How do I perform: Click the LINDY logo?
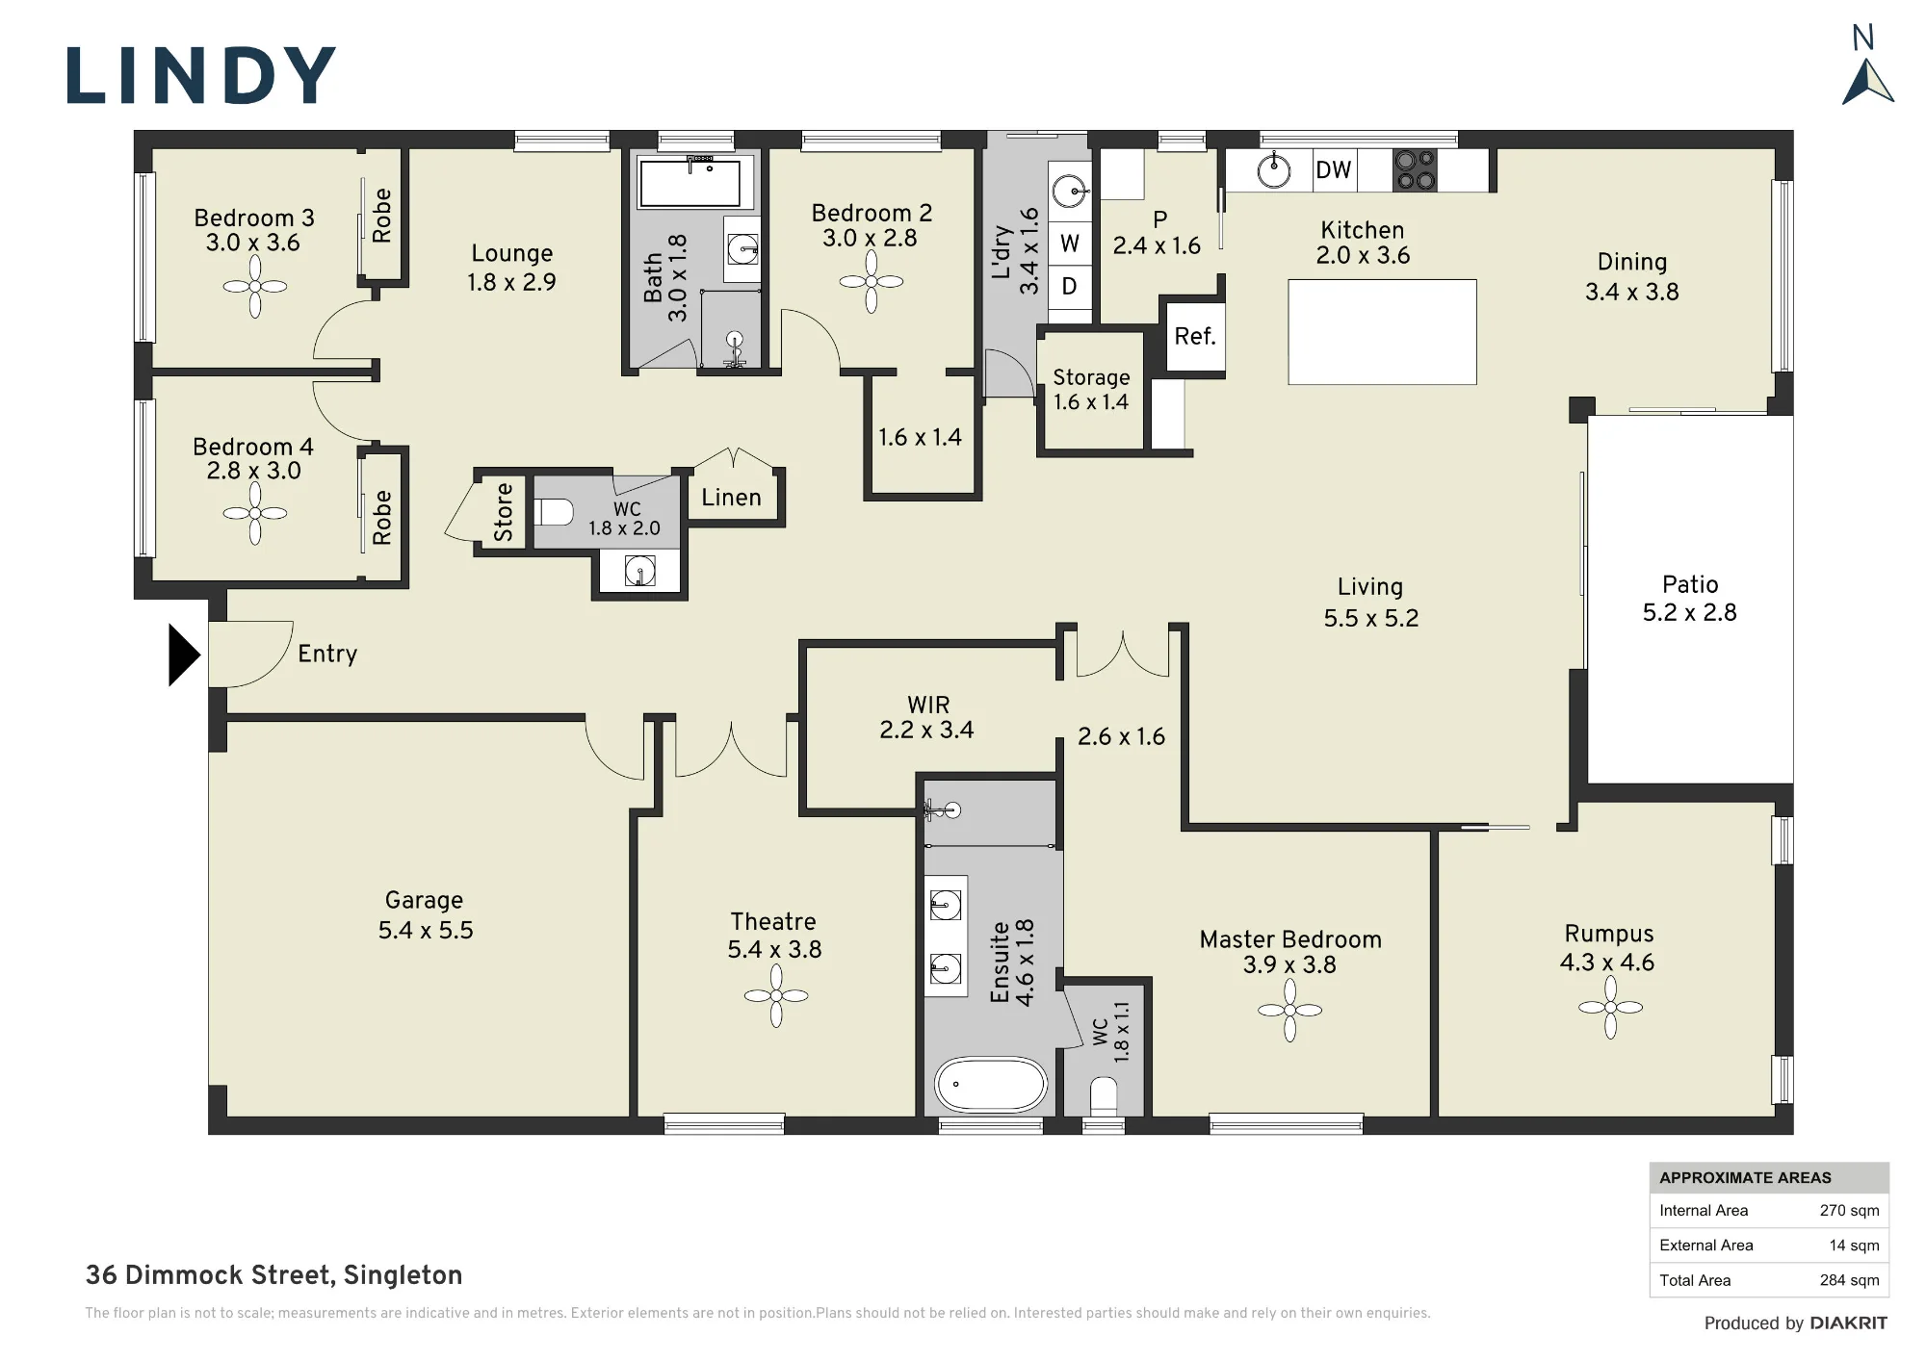pos(200,75)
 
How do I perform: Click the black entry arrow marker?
pos(184,655)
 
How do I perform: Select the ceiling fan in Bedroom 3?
pos(255,286)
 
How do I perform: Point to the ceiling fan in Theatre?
pos(776,995)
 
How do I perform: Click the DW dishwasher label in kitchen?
pos(1334,170)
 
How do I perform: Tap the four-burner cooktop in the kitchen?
pos(1415,170)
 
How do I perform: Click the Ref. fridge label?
pos(1195,336)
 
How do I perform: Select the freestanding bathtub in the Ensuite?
pos(991,1085)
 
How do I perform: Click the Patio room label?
pos(1690,584)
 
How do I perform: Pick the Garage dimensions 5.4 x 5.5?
pos(426,930)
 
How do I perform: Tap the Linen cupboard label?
pos(731,497)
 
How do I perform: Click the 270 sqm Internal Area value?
pos(1849,1211)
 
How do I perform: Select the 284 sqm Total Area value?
pos(1849,1280)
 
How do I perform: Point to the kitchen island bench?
pos(1382,332)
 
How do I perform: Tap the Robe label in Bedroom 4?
pos(382,517)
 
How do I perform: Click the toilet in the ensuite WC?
pos(1104,1095)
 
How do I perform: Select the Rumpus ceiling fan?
pos(1610,1008)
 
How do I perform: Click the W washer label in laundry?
pos(1070,244)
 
